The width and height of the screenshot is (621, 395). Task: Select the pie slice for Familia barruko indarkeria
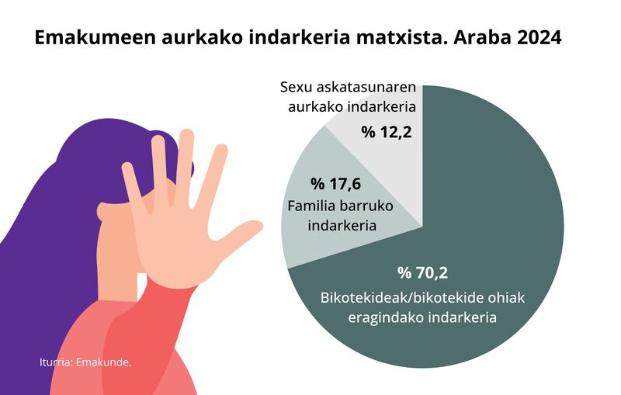click(x=318, y=233)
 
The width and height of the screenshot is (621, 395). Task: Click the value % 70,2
click(x=423, y=272)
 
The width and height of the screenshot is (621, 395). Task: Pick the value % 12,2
click(x=387, y=131)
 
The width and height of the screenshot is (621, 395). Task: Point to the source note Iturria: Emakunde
click(x=85, y=362)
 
